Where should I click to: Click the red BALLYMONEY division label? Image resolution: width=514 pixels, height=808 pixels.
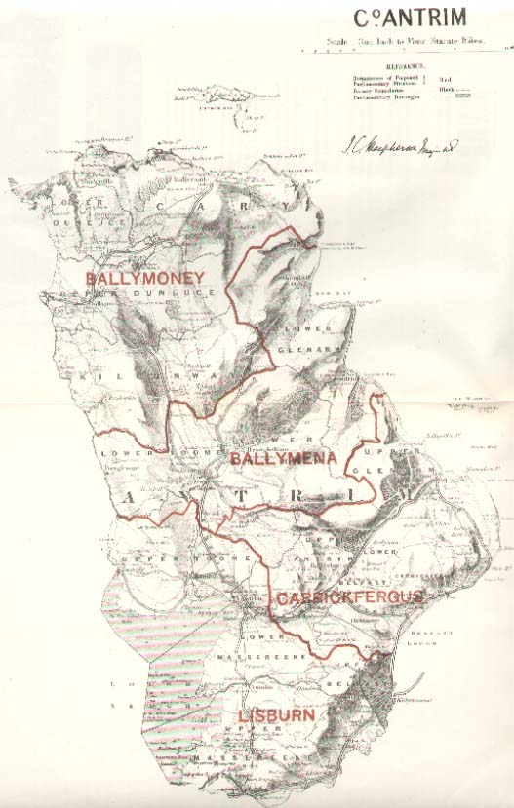144,279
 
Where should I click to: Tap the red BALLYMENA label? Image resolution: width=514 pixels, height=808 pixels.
283,457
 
